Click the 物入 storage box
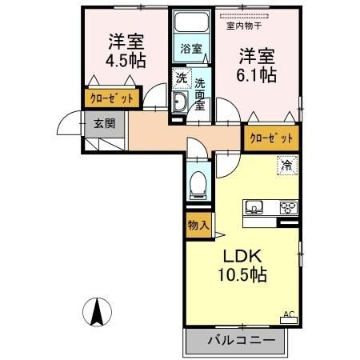pyautogui.click(x=198, y=226)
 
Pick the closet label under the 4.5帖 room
pyautogui.click(x=113, y=99)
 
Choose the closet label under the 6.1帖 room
pyautogui.click(x=271, y=138)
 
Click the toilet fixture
pyautogui.click(x=197, y=185)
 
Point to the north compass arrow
pyautogui.click(x=97, y=310)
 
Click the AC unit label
pyautogui.click(x=289, y=314)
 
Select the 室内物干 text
pyautogui.click(x=245, y=25)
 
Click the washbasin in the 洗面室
pyautogui.click(x=180, y=101)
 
